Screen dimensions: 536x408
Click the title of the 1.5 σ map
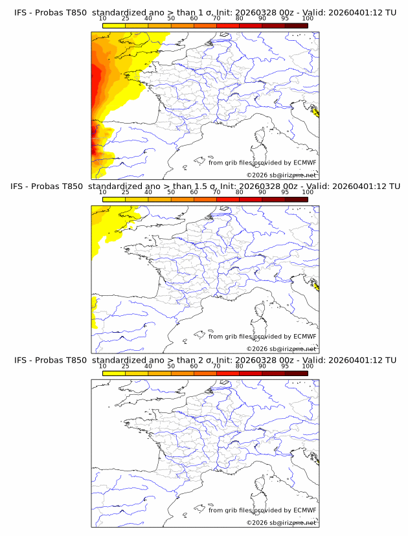coord(204,186)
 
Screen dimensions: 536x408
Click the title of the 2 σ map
coord(204,360)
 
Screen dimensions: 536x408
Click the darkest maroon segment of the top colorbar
coord(296,25)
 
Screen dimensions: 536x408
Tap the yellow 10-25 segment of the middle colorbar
coord(114,199)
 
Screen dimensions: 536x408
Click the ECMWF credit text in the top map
coord(262,162)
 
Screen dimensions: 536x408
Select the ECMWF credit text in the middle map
coord(262,336)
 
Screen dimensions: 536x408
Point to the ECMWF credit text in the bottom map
coord(262,510)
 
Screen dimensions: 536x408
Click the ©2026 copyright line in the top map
coord(282,175)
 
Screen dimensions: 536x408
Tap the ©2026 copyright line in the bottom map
coord(282,522)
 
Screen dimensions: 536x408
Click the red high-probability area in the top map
coord(96,81)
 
